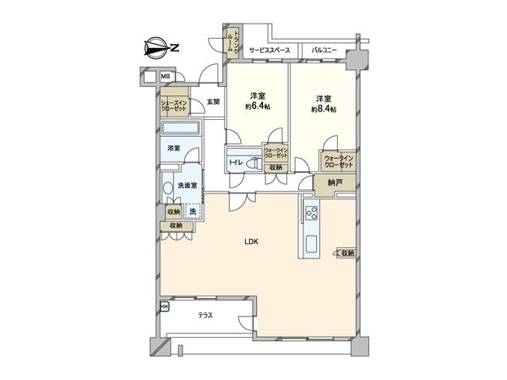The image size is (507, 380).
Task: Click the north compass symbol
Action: coord(161,47)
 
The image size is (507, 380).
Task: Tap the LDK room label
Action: coord(252,242)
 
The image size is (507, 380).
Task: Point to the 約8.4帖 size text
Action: coord(324,110)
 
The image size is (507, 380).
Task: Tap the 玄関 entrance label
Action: coord(213,102)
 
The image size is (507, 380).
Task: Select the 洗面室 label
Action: coord(188,185)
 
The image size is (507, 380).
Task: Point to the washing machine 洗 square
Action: coord(193,211)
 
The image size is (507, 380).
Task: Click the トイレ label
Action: coord(235,160)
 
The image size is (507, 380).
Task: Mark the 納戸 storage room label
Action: coord(323,182)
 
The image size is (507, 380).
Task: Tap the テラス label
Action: coord(205,316)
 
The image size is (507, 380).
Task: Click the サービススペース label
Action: coord(270,51)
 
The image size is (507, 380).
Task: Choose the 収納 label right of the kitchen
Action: coord(346,252)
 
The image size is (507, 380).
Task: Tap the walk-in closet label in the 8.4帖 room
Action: coord(337,160)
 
